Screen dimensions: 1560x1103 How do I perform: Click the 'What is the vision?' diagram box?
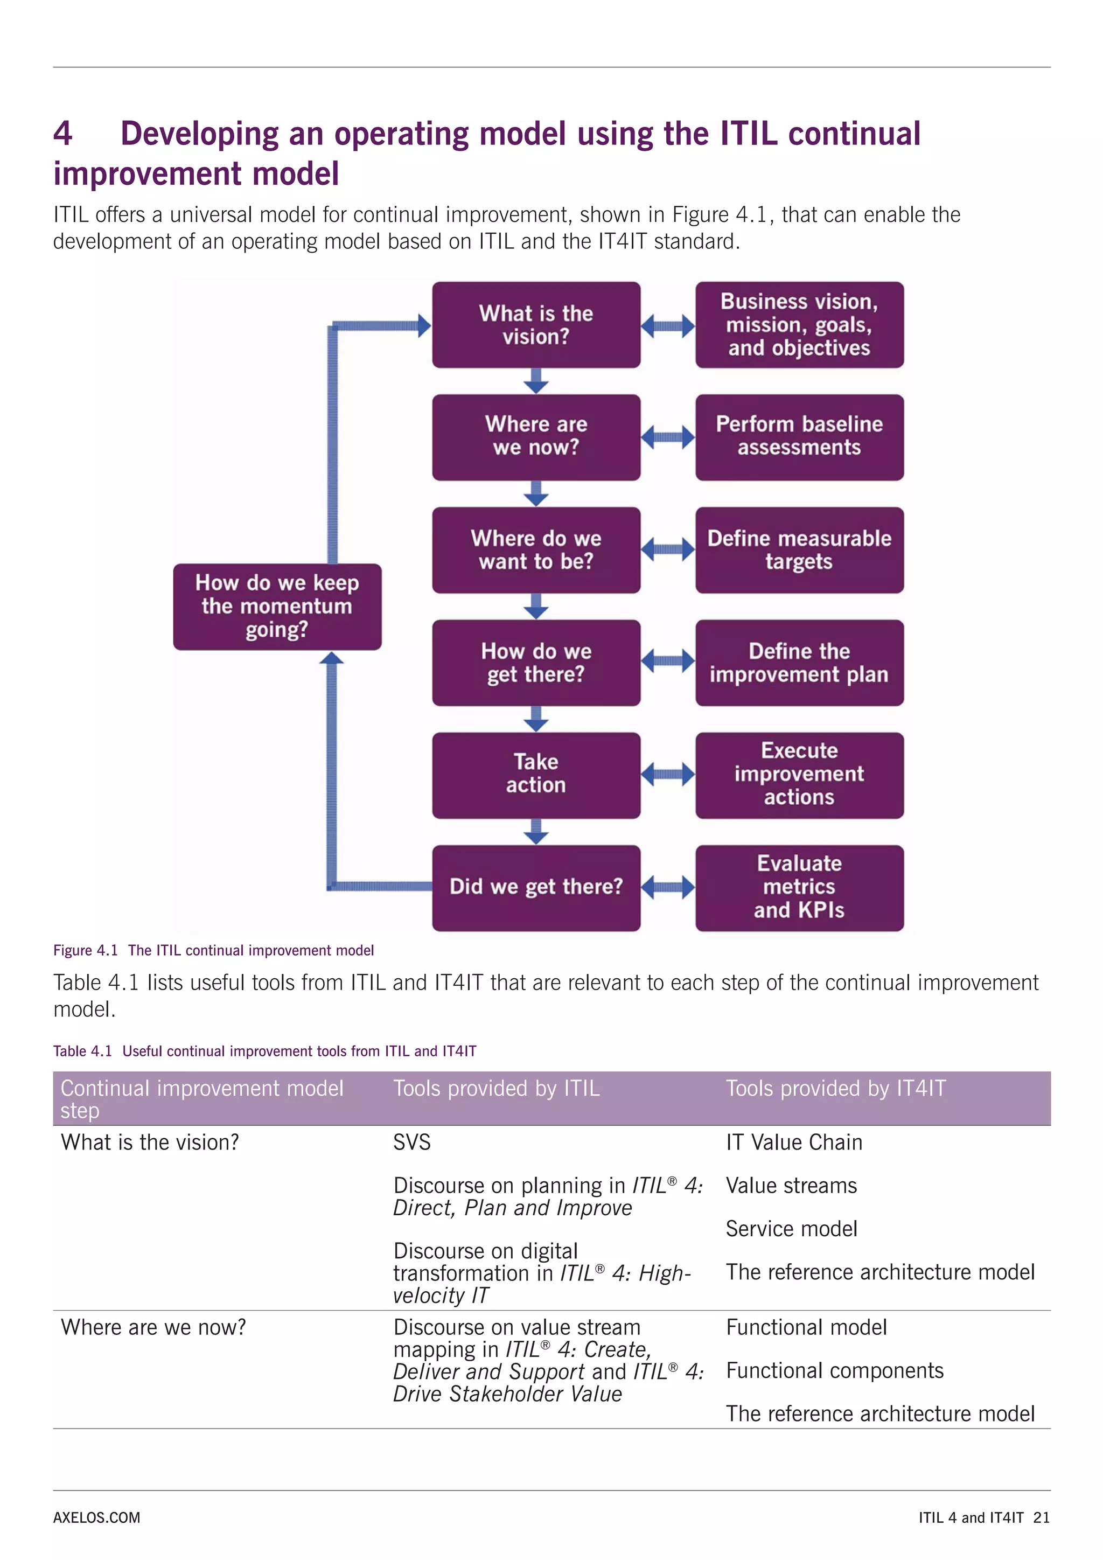pyautogui.click(x=536, y=325)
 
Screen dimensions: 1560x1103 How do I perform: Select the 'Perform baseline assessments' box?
pyautogui.click(x=799, y=437)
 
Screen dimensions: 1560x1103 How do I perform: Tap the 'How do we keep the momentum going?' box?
pyautogui.click(x=277, y=606)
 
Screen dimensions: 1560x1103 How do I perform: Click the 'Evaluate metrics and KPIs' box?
pyautogui.click(x=799, y=887)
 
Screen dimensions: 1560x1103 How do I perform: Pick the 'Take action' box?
pyautogui.click(x=536, y=775)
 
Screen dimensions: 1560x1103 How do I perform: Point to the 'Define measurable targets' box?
pyautogui.click(x=799, y=549)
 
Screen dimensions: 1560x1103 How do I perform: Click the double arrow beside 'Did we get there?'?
pyautogui.click(x=668, y=887)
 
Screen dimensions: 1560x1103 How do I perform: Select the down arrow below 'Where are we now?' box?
pyautogui.click(x=536, y=493)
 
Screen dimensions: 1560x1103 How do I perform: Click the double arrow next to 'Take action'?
pyautogui.click(x=668, y=774)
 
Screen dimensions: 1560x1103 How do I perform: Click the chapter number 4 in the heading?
pyautogui.click(x=62, y=134)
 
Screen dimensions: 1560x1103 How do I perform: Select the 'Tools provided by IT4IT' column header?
pyautogui.click(x=835, y=1089)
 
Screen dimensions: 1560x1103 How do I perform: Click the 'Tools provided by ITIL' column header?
pyautogui.click(x=496, y=1089)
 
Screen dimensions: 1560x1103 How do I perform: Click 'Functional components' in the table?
pyautogui.click(x=834, y=1370)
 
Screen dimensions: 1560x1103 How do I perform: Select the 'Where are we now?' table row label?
pyautogui.click(x=153, y=1327)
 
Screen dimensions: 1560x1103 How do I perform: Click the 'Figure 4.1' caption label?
pyautogui.click(x=86, y=951)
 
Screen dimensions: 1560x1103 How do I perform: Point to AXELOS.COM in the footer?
pyautogui.click(x=96, y=1518)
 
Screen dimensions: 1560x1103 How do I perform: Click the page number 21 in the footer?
pyautogui.click(x=1041, y=1518)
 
